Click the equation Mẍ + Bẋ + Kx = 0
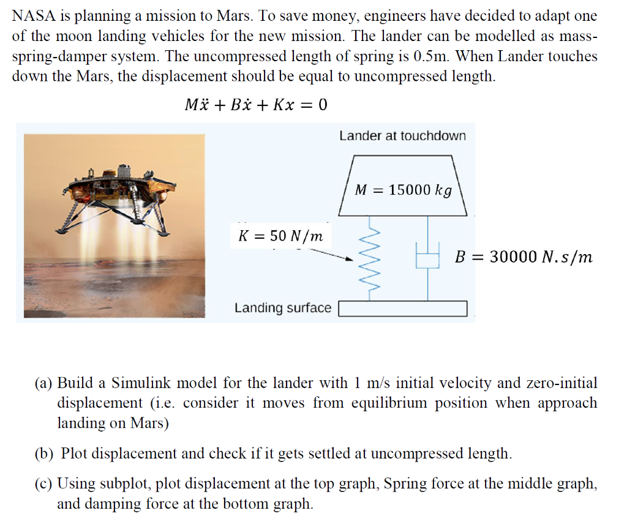pyautogui.click(x=256, y=105)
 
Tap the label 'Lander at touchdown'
pyautogui.click(x=402, y=136)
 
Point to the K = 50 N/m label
pyautogui.click(x=280, y=236)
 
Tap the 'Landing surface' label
pyautogui.click(x=283, y=308)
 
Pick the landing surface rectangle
pyautogui.click(x=403, y=309)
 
